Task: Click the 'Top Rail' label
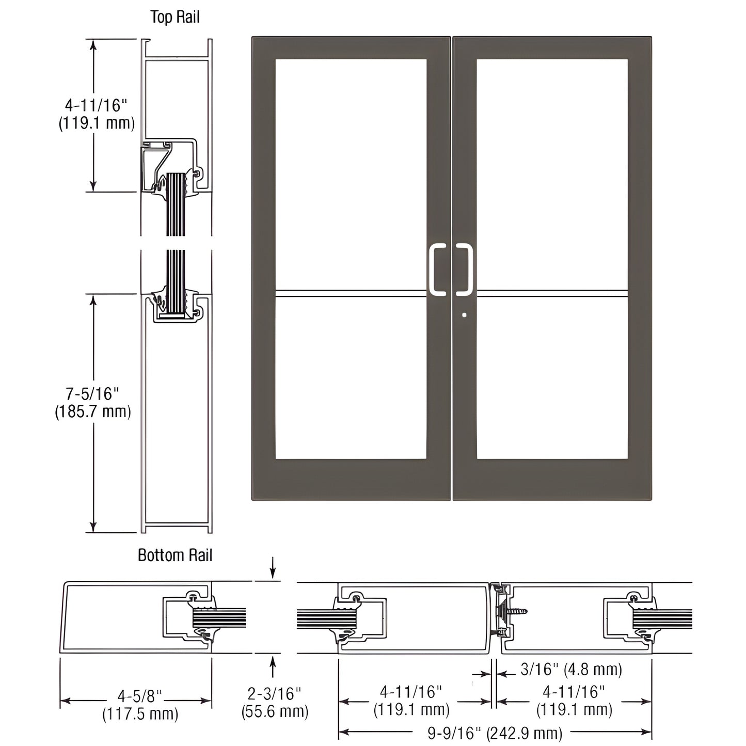click(174, 17)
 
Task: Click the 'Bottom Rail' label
click(175, 555)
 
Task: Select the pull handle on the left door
click(437, 269)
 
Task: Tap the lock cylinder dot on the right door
click(465, 314)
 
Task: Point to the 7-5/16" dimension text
click(92, 394)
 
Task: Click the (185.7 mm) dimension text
click(92, 411)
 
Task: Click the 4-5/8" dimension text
click(136, 696)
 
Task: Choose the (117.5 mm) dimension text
click(140, 714)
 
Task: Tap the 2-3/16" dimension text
click(274, 693)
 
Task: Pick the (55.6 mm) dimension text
click(275, 711)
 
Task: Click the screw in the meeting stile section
click(518, 612)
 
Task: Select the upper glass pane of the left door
click(351, 173)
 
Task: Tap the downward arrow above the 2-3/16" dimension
click(273, 573)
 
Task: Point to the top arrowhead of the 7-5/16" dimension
click(93, 299)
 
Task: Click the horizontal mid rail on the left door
click(351, 294)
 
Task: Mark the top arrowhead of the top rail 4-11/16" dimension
click(93, 44)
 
